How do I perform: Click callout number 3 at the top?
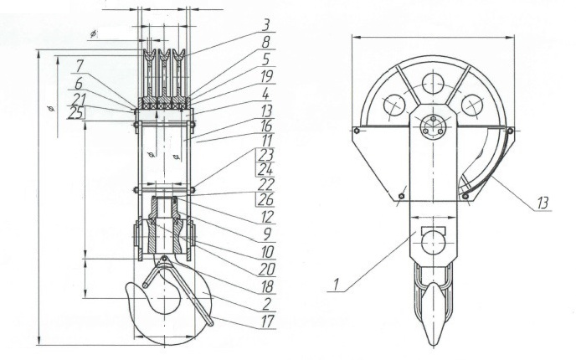(x=266, y=26)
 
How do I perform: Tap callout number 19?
(x=267, y=76)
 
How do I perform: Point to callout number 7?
(x=80, y=67)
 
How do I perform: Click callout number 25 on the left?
(x=75, y=114)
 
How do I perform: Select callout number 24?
(x=265, y=170)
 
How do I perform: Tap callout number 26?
(x=265, y=199)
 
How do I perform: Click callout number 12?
(x=267, y=217)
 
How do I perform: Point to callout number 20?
(x=267, y=270)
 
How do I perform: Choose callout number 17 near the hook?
(x=267, y=321)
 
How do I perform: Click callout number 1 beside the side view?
(x=336, y=285)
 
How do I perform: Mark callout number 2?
(x=267, y=304)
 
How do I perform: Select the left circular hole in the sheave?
(x=394, y=105)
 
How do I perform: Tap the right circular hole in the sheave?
(x=472, y=105)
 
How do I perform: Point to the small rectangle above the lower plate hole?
(x=434, y=230)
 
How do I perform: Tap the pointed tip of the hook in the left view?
(x=127, y=286)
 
